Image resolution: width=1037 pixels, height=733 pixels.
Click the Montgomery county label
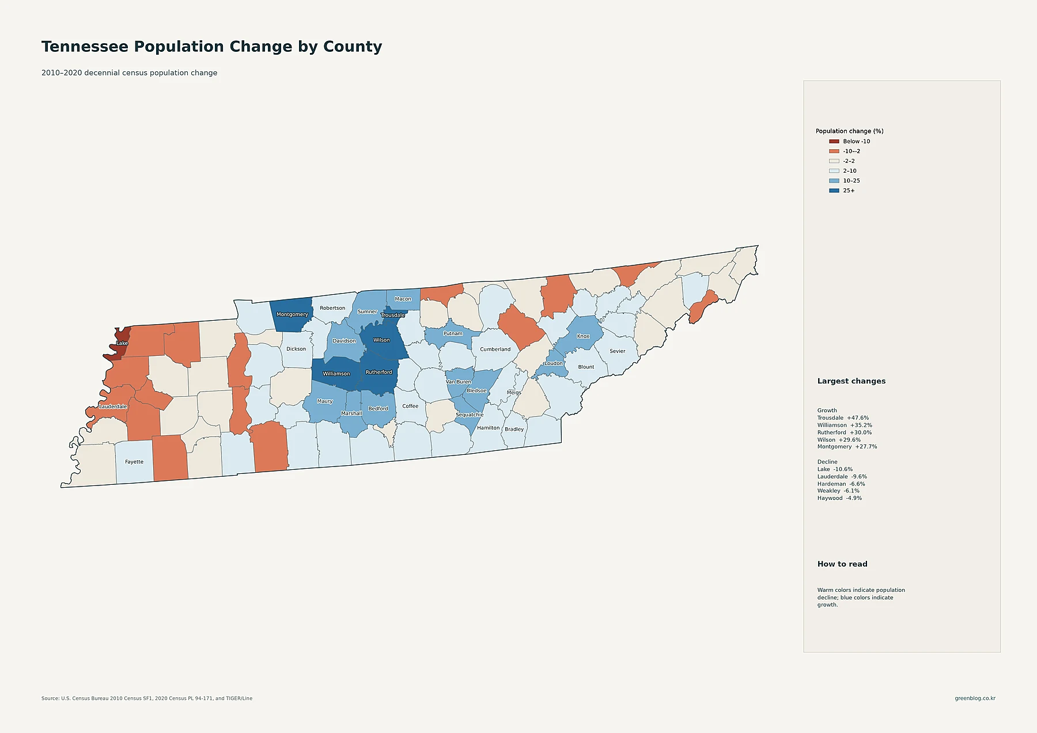tap(292, 314)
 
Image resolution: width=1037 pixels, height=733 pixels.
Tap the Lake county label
tap(122, 343)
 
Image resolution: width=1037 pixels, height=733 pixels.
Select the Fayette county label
tap(134, 462)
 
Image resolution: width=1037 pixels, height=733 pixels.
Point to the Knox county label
tap(583, 336)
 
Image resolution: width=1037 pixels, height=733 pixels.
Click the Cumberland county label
tap(495, 350)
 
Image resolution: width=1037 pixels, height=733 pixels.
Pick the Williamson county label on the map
tap(336, 374)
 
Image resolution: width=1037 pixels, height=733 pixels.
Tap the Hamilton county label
tap(489, 428)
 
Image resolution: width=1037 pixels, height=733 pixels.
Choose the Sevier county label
tap(618, 351)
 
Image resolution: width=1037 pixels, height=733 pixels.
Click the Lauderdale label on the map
tap(113, 407)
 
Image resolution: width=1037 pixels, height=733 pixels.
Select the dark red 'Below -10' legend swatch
tap(834, 142)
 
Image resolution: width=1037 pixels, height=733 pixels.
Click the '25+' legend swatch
tap(834, 191)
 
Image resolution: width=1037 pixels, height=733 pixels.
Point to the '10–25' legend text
tap(851, 181)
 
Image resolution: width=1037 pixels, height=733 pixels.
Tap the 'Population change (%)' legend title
tap(849, 131)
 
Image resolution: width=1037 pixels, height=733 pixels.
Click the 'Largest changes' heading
tap(851, 381)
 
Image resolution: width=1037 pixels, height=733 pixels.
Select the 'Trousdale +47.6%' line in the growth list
tap(843, 418)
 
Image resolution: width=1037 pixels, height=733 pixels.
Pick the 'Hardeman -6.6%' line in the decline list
tap(841, 484)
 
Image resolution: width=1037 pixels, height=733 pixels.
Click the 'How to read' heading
tap(842, 564)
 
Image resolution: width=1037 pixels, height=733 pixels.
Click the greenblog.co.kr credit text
tap(975, 698)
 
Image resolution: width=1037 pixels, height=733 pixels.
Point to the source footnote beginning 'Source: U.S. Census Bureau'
tap(147, 698)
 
